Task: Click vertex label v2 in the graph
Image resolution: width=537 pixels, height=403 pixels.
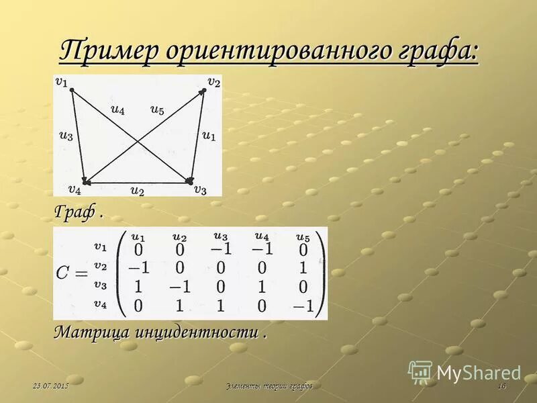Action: (213, 81)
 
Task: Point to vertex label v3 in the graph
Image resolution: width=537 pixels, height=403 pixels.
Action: (200, 189)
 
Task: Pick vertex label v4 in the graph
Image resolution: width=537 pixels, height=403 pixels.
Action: (75, 189)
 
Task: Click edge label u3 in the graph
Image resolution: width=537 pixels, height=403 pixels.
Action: (65, 134)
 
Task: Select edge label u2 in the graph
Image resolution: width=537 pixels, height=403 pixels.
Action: (137, 191)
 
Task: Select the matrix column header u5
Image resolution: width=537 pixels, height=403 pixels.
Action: (303, 236)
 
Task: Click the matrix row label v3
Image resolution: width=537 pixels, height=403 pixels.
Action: (100, 285)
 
